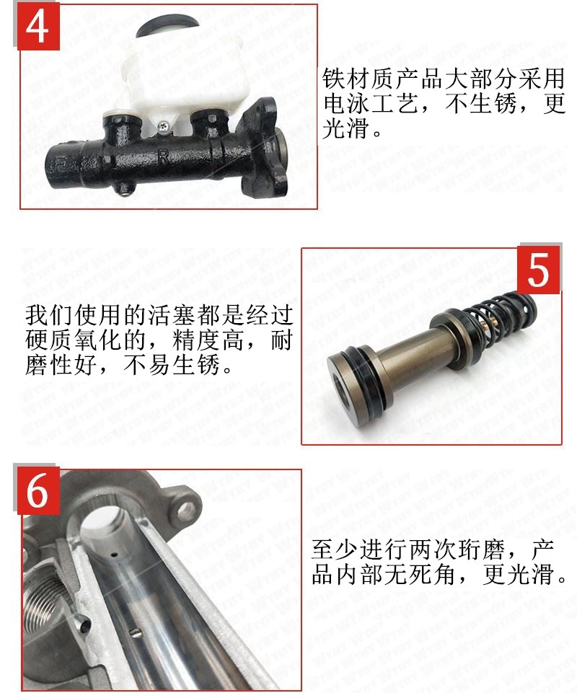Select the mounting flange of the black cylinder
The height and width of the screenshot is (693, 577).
click(261, 151)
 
